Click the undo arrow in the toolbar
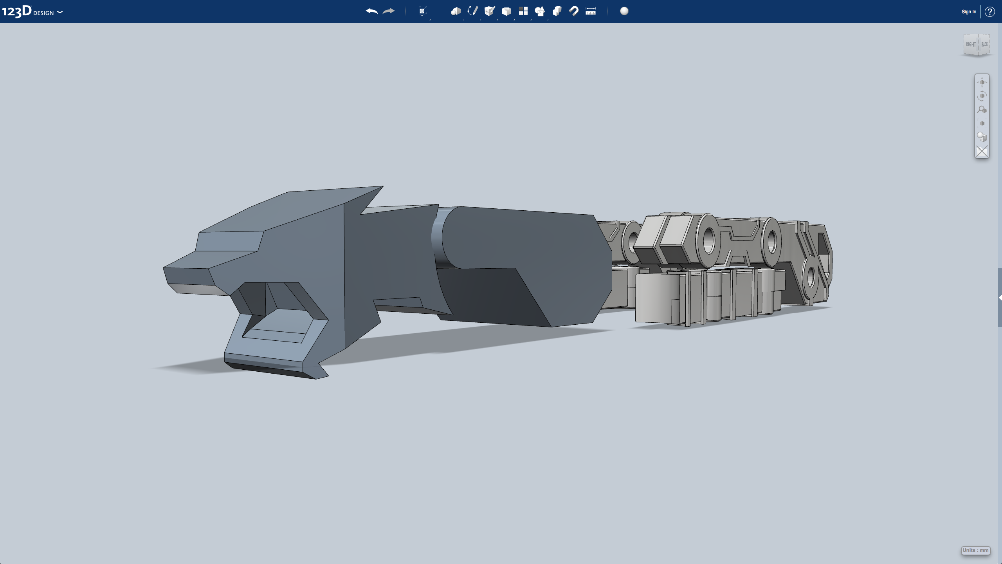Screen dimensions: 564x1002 [371, 11]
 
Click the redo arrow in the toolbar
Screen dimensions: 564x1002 [388, 11]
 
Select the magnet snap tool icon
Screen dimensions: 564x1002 [574, 11]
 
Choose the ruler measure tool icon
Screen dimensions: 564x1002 [591, 11]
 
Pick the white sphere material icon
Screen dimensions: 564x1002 [624, 11]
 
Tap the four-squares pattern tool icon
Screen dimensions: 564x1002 [523, 11]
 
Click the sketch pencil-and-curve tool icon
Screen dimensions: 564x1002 [472, 11]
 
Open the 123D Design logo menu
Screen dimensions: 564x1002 [32, 11]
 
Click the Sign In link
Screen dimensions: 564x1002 [969, 12]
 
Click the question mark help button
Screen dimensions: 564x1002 [990, 12]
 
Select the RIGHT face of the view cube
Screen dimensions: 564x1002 [971, 44]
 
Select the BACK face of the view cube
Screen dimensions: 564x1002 [984, 44]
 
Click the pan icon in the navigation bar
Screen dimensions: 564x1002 [982, 82]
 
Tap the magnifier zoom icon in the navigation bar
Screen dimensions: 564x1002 [982, 110]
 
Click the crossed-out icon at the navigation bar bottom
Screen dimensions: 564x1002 [982, 151]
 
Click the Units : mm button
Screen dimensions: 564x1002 [975, 550]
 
